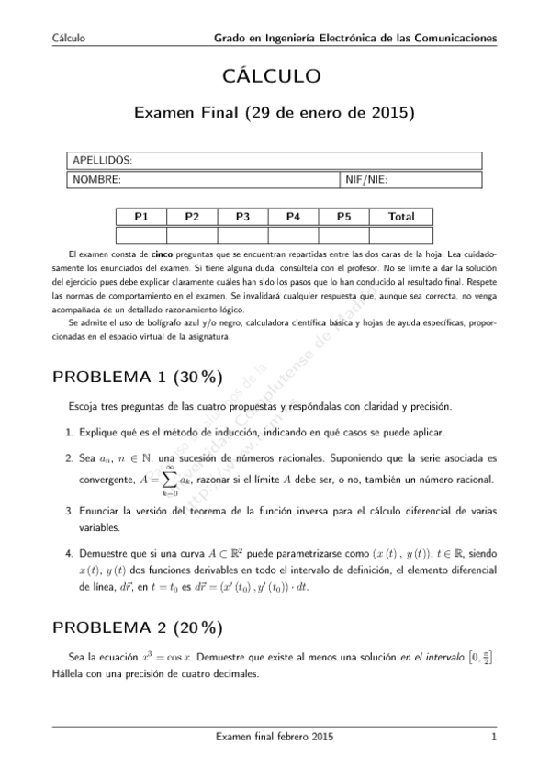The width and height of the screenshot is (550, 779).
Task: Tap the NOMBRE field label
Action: point(96,179)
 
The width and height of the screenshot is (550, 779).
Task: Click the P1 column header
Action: point(141,217)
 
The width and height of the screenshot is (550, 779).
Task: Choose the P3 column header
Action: point(243,217)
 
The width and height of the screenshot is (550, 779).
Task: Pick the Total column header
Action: point(401,217)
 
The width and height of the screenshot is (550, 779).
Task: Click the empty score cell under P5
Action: point(343,234)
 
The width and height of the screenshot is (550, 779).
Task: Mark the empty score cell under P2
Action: point(192,234)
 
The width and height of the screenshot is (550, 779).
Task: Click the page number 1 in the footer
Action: point(494,737)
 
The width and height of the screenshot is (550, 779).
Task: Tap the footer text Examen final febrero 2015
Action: point(274,737)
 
